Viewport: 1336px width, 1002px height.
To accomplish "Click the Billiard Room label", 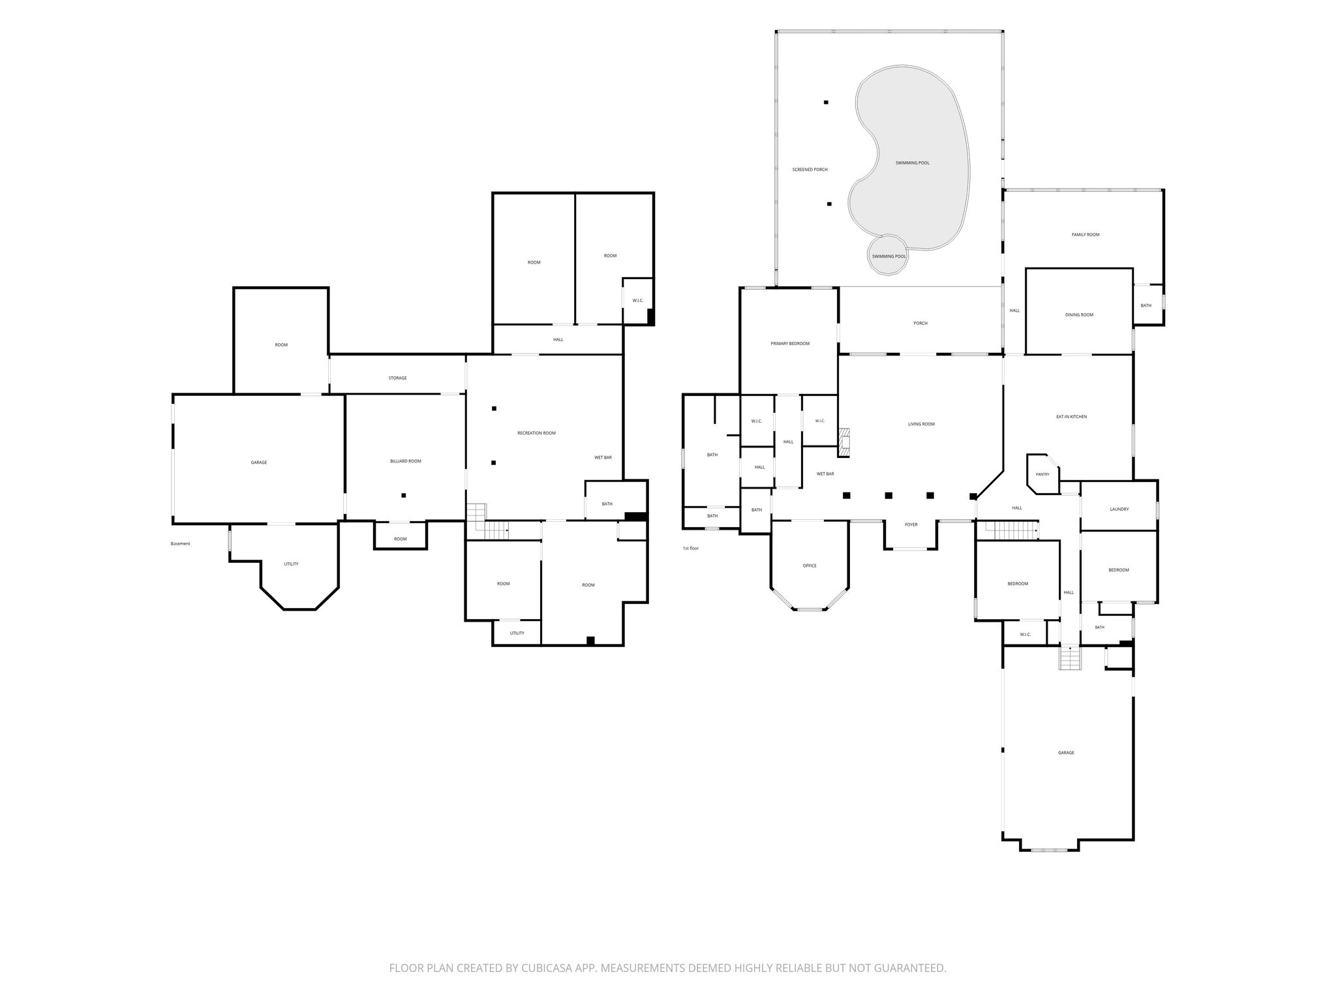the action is pyautogui.click(x=405, y=461).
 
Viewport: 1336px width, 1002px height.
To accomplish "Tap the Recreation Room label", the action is pyautogui.click(x=536, y=433).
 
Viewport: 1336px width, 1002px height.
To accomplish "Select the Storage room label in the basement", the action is pyautogui.click(x=397, y=378).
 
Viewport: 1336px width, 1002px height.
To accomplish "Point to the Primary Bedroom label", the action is pyautogui.click(x=789, y=344).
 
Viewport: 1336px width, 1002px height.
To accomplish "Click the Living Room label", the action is pyautogui.click(x=921, y=425).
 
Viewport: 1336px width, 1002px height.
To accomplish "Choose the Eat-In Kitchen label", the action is pyautogui.click(x=1071, y=417).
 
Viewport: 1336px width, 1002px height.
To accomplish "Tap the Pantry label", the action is pyautogui.click(x=1042, y=474).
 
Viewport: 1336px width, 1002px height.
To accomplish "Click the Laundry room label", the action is pyautogui.click(x=1119, y=509).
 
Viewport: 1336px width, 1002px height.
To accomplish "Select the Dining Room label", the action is pyautogui.click(x=1079, y=315).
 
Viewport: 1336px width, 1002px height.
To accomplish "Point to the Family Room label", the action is pyautogui.click(x=1085, y=235).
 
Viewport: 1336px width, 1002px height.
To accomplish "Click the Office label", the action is pyautogui.click(x=810, y=566).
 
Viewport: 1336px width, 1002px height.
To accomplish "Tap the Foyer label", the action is pyautogui.click(x=911, y=524).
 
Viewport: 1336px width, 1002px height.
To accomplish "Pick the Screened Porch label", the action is pyautogui.click(x=810, y=170).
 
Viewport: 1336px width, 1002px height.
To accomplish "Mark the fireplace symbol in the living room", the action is pyautogui.click(x=845, y=441).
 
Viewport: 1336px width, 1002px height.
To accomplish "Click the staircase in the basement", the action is pyautogui.click(x=487, y=522).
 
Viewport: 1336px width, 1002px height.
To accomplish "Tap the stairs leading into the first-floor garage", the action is pyautogui.click(x=1070, y=658).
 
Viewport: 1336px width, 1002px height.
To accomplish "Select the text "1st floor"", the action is pyautogui.click(x=691, y=549).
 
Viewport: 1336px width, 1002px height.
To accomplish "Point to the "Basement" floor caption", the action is pyautogui.click(x=180, y=544).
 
